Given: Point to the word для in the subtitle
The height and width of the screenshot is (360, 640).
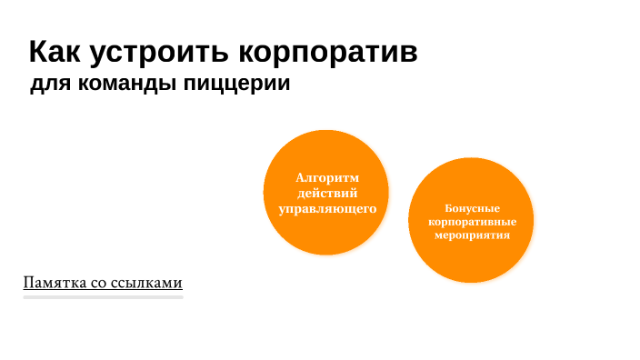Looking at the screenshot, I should pyautogui.click(x=45, y=85).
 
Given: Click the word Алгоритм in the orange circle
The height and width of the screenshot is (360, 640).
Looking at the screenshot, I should pyautogui.click(x=327, y=177).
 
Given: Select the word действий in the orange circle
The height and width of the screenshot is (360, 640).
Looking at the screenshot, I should pyautogui.click(x=327, y=193).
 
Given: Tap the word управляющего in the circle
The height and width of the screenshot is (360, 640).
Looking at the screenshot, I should pyautogui.click(x=327, y=208).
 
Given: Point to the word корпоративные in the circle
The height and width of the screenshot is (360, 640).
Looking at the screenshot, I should pyautogui.click(x=472, y=221).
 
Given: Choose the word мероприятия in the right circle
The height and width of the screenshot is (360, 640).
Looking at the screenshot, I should pyautogui.click(x=472, y=234).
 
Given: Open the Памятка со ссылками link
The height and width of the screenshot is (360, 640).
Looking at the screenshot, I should pyautogui.click(x=104, y=283).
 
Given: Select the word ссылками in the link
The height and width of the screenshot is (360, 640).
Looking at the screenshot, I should pyautogui.click(x=151, y=283).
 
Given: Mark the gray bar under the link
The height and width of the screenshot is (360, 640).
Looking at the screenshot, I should pyautogui.click(x=104, y=296).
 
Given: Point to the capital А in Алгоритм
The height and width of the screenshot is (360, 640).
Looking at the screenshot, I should pyautogui.click(x=301, y=177).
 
